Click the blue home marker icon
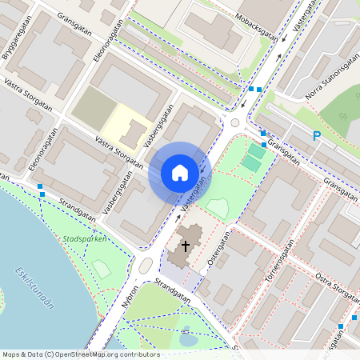(x=180, y=172)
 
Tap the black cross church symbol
(x=186, y=246)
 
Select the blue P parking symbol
(x=317, y=136)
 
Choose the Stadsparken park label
(x=85, y=239)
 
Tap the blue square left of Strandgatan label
(x=41, y=186)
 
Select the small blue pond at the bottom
(x=188, y=338)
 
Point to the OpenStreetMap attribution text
(x=81, y=354)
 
